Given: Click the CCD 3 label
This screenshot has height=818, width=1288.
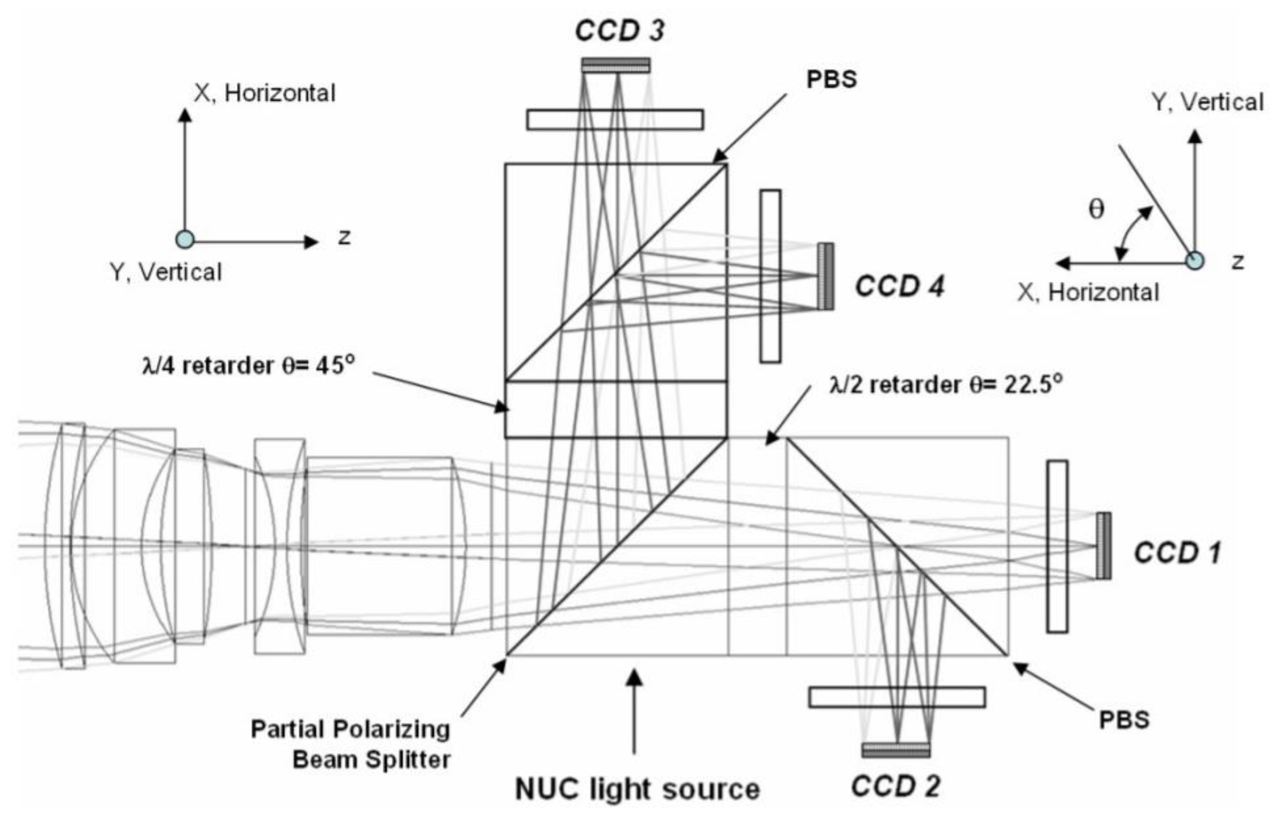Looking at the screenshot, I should (619, 30).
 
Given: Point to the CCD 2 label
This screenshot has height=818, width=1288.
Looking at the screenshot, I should (895, 786).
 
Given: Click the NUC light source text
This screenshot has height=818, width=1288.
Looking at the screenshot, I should (637, 789).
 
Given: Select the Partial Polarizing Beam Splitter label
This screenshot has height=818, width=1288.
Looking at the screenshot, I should (351, 744).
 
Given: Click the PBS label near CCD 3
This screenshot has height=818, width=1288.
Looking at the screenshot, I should (831, 80).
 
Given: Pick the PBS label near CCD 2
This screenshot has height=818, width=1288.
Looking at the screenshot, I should (1124, 720).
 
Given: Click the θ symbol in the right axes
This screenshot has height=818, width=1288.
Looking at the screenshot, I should (1096, 209).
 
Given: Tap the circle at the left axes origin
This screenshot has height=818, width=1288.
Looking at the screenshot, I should (185, 239).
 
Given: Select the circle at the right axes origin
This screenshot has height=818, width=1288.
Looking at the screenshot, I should (1194, 261).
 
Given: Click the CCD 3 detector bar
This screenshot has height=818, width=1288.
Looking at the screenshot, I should (616, 65).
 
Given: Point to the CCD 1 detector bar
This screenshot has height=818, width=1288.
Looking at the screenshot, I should (1103, 545).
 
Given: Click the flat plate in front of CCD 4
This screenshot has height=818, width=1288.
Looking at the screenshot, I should (770, 276).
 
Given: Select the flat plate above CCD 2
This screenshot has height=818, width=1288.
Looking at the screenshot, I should (897, 697).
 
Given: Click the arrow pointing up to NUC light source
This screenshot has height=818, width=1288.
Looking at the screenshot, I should (634, 711).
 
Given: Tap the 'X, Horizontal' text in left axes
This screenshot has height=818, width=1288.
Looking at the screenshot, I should (265, 94).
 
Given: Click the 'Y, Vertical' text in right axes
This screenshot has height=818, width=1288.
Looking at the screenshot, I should (1208, 102).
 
